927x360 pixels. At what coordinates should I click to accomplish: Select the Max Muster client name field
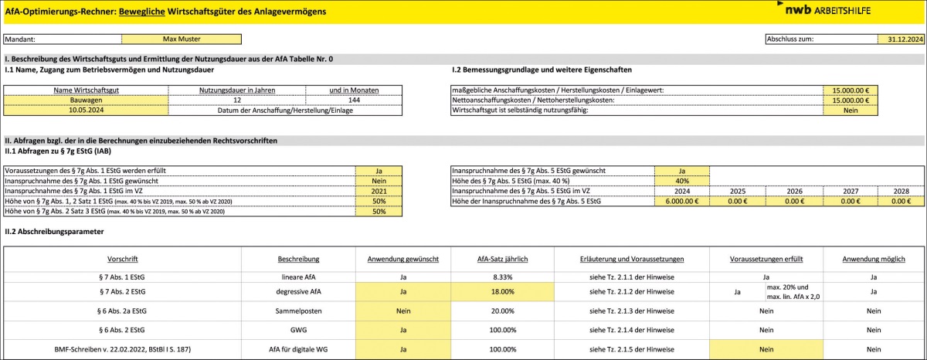coord(182,38)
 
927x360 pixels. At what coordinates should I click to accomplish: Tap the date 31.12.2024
coord(900,38)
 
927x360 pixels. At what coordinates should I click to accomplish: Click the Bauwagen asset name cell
coord(85,100)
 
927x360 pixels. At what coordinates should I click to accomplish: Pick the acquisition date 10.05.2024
coord(85,110)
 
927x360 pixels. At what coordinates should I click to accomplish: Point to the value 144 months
coord(354,100)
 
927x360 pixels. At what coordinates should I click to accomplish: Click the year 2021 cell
coord(379,190)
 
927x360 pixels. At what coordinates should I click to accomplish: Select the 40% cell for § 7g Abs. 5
coord(681,180)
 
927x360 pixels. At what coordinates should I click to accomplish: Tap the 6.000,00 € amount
coord(681,201)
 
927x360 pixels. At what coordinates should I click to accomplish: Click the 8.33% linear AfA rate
coord(502,275)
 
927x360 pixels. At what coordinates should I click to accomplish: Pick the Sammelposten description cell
coord(299,311)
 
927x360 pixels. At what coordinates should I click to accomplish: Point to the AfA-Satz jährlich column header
coord(502,258)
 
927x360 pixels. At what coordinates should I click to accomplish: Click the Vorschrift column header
coord(123,258)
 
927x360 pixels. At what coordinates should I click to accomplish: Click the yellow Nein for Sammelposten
coord(402,311)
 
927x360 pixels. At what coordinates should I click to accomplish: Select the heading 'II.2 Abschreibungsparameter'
coord(53,230)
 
